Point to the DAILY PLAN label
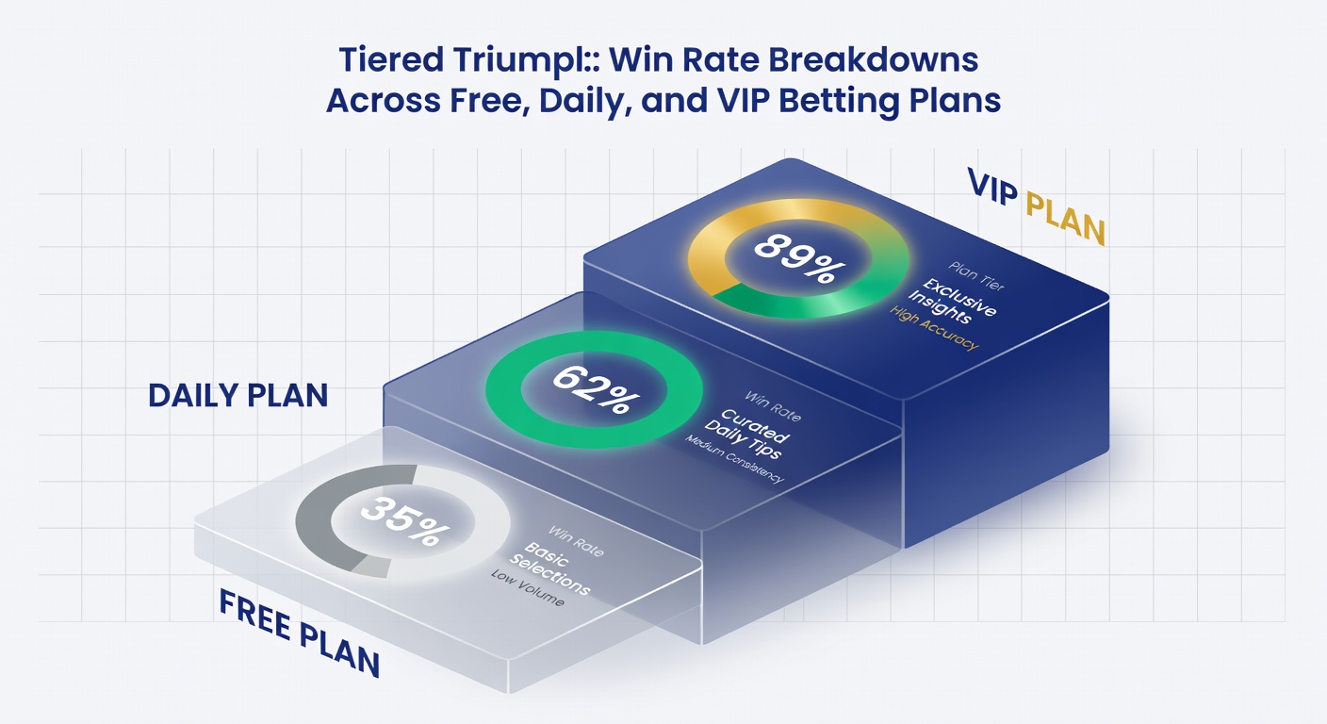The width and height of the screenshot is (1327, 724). [x=238, y=396]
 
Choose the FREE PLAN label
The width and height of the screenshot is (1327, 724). [x=299, y=633]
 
